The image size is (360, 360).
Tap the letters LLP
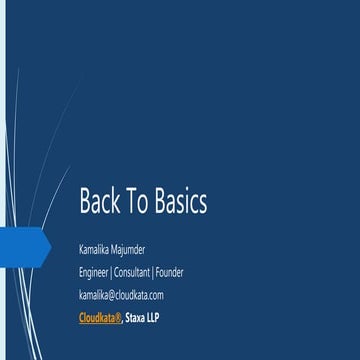click(x=152, y=319)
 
